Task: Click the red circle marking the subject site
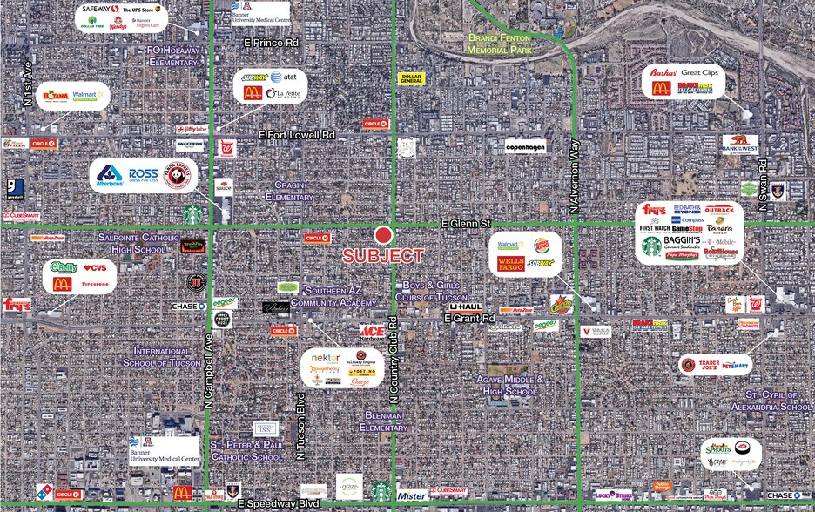[384, 235]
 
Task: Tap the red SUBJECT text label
[383, 256]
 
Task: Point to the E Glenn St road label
[466, 223]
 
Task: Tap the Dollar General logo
[411, 78]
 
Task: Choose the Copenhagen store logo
[525, 146]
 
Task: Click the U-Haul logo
[466, 307]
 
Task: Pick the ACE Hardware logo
[372, 331]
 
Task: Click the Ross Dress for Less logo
[144, 173]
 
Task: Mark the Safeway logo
[96, 10]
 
